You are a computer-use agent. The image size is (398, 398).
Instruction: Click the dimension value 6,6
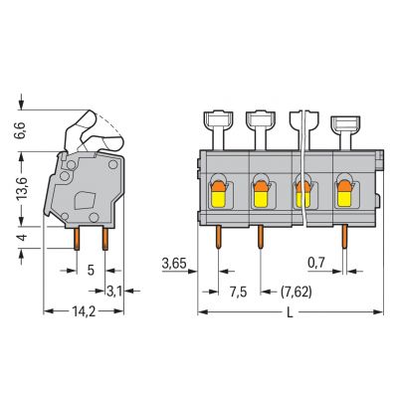click(20, 130)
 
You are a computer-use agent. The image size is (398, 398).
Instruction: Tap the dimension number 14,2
click(84, 311)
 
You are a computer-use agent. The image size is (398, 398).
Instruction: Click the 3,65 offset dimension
click(174, 264)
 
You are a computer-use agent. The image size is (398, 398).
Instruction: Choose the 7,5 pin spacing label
click(239, 293)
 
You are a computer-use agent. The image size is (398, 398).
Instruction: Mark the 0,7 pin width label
click(315, 264)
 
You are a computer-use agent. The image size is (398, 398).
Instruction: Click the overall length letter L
click(290, 312)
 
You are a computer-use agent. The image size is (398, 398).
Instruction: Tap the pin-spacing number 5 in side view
click(91, 271)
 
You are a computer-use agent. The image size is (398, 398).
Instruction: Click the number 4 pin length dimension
click(23, 238)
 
